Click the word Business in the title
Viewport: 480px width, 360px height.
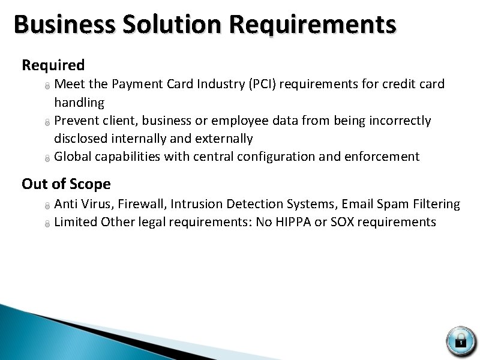[64, 25]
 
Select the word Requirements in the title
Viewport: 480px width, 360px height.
[313, 25]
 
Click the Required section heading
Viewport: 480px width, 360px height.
[53, 65]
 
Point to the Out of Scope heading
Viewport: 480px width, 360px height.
[66, 184]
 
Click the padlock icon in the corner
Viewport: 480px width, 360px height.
[461, 340]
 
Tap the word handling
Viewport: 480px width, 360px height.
[79, 103]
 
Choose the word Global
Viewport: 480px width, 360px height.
[73, 157]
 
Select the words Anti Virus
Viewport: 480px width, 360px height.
[80, 204]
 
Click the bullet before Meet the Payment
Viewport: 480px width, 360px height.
[47, 85]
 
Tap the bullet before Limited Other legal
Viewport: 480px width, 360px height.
[47, 223]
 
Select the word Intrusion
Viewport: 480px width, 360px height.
[196, 204]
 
